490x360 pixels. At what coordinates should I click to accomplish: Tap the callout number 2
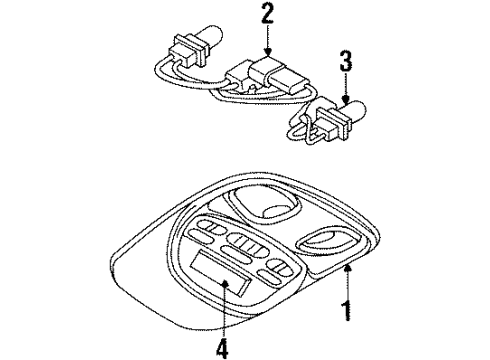(x=267, y=14)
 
